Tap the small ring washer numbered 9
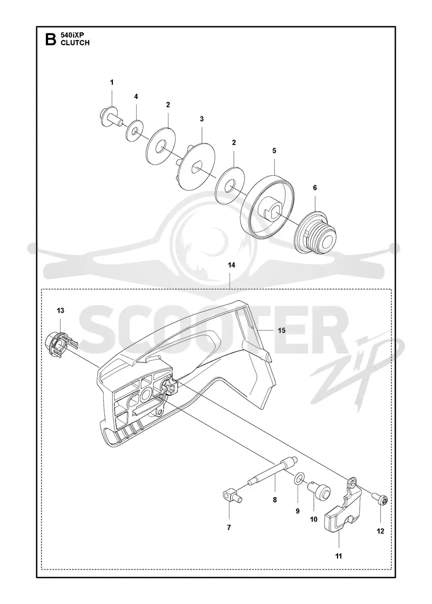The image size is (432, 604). (298, 479)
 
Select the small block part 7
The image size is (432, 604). (232, 495)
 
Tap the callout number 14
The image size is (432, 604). (232, 265)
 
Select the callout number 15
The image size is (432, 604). (281, 330)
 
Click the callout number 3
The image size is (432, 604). (202, 119)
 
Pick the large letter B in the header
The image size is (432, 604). (51, 39)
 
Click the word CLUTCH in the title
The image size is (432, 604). (75, 43)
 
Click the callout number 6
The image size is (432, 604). (315, 188)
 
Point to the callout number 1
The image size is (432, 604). (112, 82)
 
